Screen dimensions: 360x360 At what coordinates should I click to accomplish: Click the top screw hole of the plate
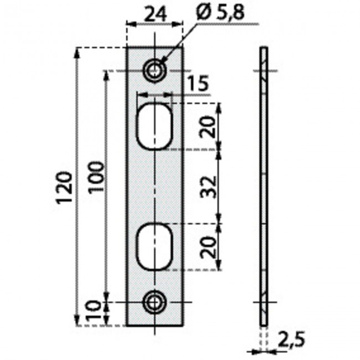(155, 71)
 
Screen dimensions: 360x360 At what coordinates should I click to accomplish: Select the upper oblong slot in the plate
(155, 126)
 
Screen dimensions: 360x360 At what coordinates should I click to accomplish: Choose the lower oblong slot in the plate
(155, 247)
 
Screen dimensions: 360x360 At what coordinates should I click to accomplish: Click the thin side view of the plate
(265, 186)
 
